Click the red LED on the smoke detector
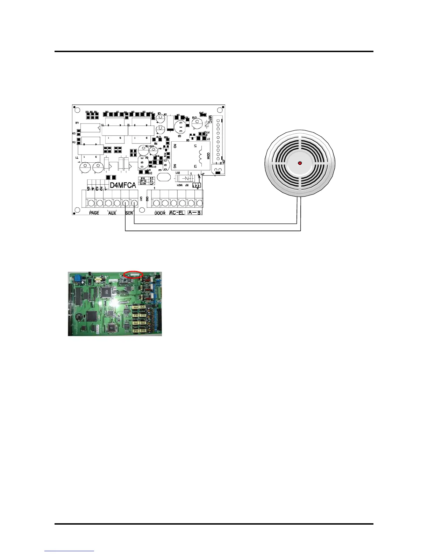pyautogui.click(x=300, y=163)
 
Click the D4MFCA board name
pyautogui.click(x=123, y=185)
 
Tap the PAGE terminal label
pyautogui.click(x=94, y=213)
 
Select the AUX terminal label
pyautogui.click(x=112, y=213)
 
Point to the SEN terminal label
pyautogui.click(x=129, y=213)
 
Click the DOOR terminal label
pyautogui.click(x=160, y=213)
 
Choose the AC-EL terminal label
pyautogui.click(x=177, y=213)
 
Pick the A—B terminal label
pyautogui.click(x=194, y=213)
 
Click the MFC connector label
pyautogui.click(x=210, y=120)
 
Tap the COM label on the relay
pyautogui.click(x=208, y=156)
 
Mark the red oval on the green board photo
pyautogui.click(x=133, y=275)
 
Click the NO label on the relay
pyautogui.click(x=175, y=145)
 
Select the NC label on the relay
pyautogui.click(x=175, y=166)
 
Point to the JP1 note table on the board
pyautogui.click(x=146, y=180)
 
